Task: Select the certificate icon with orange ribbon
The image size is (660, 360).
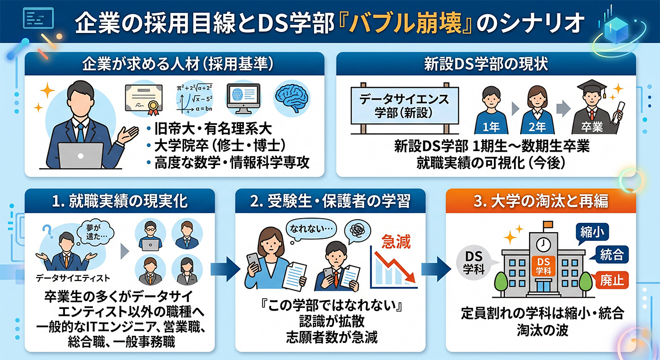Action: (x=144, y=99)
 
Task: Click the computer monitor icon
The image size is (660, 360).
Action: (x=243, y=99)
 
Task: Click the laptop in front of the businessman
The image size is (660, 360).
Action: (x=80, y=156)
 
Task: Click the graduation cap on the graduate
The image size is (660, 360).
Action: (x=591, y=87)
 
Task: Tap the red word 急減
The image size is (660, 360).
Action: (x=395, y=242)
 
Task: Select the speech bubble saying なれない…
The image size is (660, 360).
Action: (x=311, y=228)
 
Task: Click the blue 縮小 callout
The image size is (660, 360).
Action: (x=591, y=233)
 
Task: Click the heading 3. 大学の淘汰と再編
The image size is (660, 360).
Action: (x=541, y=202)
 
